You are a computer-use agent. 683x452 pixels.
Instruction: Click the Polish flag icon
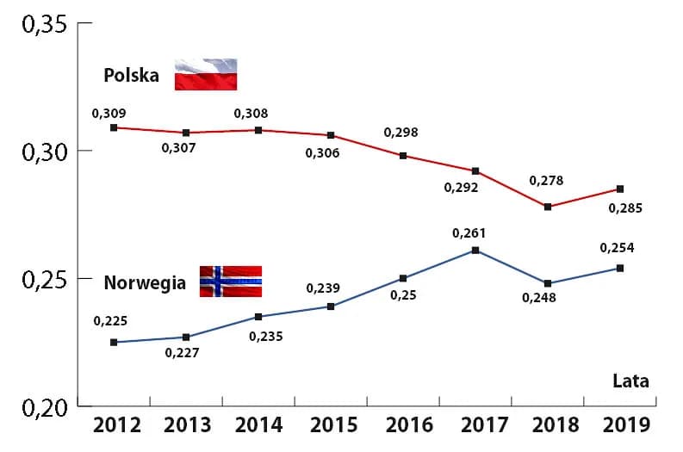pyautogui.click(x=206, y=75)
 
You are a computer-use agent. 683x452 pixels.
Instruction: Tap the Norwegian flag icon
pyautogui.click(x=230, y=282)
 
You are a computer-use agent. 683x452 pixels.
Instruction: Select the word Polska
pyautogui.click(x=131, y=76)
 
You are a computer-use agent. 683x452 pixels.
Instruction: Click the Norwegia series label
pyautogui.click(x=145, y=282)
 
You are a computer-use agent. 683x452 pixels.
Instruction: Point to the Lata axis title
pyautogui.click(x=630, y=381)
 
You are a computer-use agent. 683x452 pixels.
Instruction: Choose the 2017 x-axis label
pyautogui.click(x=475, y=425)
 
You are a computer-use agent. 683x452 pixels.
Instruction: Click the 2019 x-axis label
pyautogui.click(x=620, y=425)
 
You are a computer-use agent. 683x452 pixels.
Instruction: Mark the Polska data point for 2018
pyautogui.click(x=548, y=207)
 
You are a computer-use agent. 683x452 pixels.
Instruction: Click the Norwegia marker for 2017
pyautogui.click(x=475, y=251)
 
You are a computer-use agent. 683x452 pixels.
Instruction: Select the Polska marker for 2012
pyautogui.click(x=114, y=127)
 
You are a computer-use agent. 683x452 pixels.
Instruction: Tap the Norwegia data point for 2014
pyautogui.click(x=258, y=317)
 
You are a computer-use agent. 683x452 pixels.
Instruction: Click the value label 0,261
pyautogui.click(x=470, y=232)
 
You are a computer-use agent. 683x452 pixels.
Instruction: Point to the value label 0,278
pyautogui.click(x=545, y=181)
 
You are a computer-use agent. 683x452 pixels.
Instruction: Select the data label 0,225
pyautogui.click(x=110, y=321)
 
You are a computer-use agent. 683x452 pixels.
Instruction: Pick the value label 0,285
pyautogui.click(x=625, y=207)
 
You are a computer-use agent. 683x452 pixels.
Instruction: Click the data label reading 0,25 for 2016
pyautogui.click(x=402, y=295)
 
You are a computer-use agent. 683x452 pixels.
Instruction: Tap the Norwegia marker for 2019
pyautogui.click(x=620, y=268)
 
